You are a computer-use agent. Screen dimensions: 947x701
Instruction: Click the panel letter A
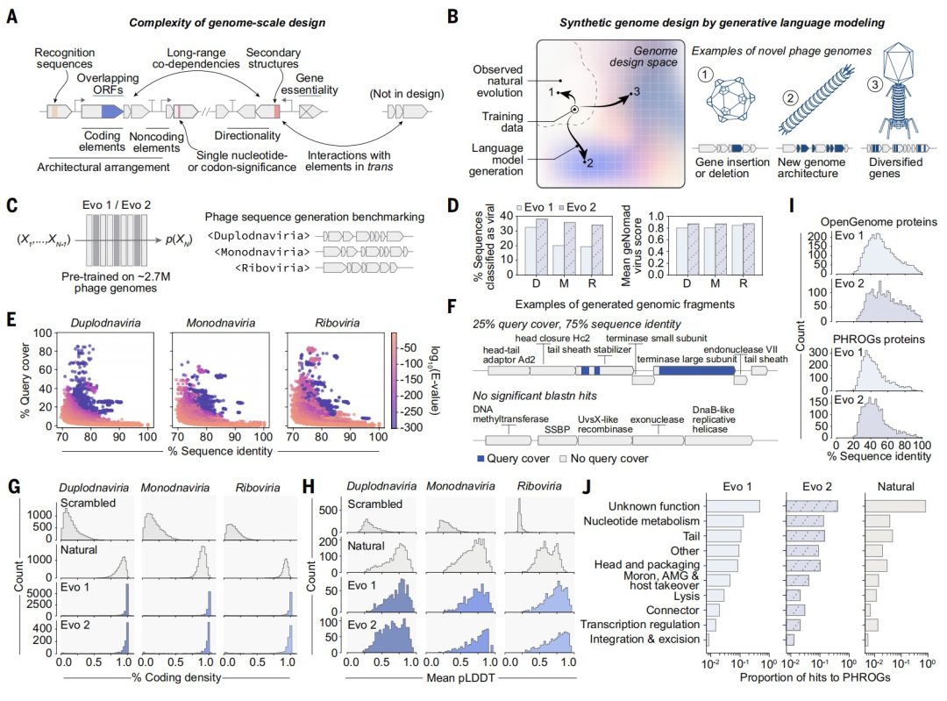tap(12, 16)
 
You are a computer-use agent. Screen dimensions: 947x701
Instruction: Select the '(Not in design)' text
tap(407, 94)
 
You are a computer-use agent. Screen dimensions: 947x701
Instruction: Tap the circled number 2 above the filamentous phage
tap(790, 98)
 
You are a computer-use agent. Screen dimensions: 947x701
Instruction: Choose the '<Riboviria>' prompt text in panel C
tap(272, 268)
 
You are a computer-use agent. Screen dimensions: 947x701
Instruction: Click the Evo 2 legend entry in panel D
tap(577, 207)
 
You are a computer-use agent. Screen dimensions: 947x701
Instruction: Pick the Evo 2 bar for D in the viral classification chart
tap(542, 247)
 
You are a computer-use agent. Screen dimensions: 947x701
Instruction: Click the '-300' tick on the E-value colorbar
tap(412, 427)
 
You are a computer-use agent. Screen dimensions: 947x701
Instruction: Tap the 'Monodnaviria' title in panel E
tap(220, 323)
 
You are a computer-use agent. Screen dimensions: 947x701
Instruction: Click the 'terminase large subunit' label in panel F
tap(687, 359)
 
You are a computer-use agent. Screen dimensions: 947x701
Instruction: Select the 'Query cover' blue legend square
tap(481, 459)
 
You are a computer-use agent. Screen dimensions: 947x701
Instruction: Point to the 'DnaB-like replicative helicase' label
tap(714, 419)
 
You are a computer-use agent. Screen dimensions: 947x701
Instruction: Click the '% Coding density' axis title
tap(176, 677)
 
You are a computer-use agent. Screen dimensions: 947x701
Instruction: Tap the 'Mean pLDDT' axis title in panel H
tap(461, 677)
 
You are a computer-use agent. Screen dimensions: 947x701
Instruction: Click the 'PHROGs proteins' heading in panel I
tap(879, 339)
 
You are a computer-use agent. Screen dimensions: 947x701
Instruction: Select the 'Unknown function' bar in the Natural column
tap(895, 506)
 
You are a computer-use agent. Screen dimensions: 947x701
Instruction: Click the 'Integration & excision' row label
tap(644, 639)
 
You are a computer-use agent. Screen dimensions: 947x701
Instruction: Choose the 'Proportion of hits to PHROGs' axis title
tap(815, 677)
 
